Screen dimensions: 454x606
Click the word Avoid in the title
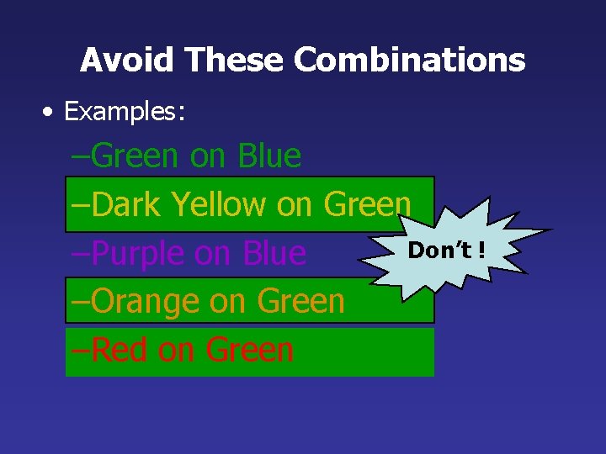127,60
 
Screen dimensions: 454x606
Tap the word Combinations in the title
410,60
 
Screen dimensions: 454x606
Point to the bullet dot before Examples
52,112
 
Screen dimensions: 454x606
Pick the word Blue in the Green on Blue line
269,156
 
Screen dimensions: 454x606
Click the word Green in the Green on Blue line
135,156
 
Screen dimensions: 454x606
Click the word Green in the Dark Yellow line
367,204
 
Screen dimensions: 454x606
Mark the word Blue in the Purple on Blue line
274,253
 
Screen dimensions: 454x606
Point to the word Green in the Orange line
301,301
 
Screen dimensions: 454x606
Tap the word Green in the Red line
250,350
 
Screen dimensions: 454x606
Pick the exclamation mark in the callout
481,250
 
